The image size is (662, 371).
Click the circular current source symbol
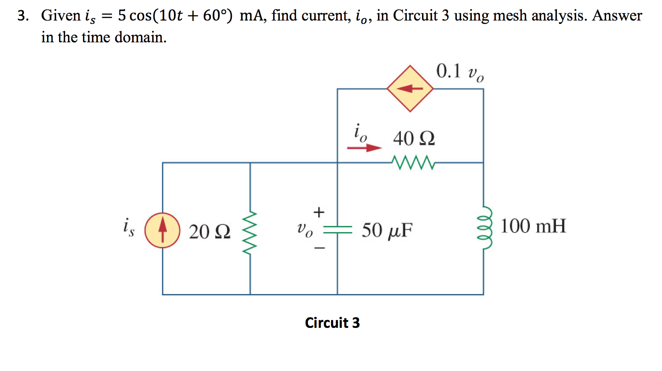[162, 230]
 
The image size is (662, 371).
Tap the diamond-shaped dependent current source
[410, 88]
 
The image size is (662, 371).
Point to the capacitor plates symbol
[337, 230]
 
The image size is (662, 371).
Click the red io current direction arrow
[364, 148]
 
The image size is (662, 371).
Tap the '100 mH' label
[533, 226]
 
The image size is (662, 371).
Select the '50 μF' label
[387, 230]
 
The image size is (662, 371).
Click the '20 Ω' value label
[210, 232]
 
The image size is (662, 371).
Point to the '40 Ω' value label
[414, 138]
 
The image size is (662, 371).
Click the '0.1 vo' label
[460, 71]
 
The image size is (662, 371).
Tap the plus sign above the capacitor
[319, 212]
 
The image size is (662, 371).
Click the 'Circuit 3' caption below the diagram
[332, 323]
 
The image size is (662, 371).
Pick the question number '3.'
[23, 16]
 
